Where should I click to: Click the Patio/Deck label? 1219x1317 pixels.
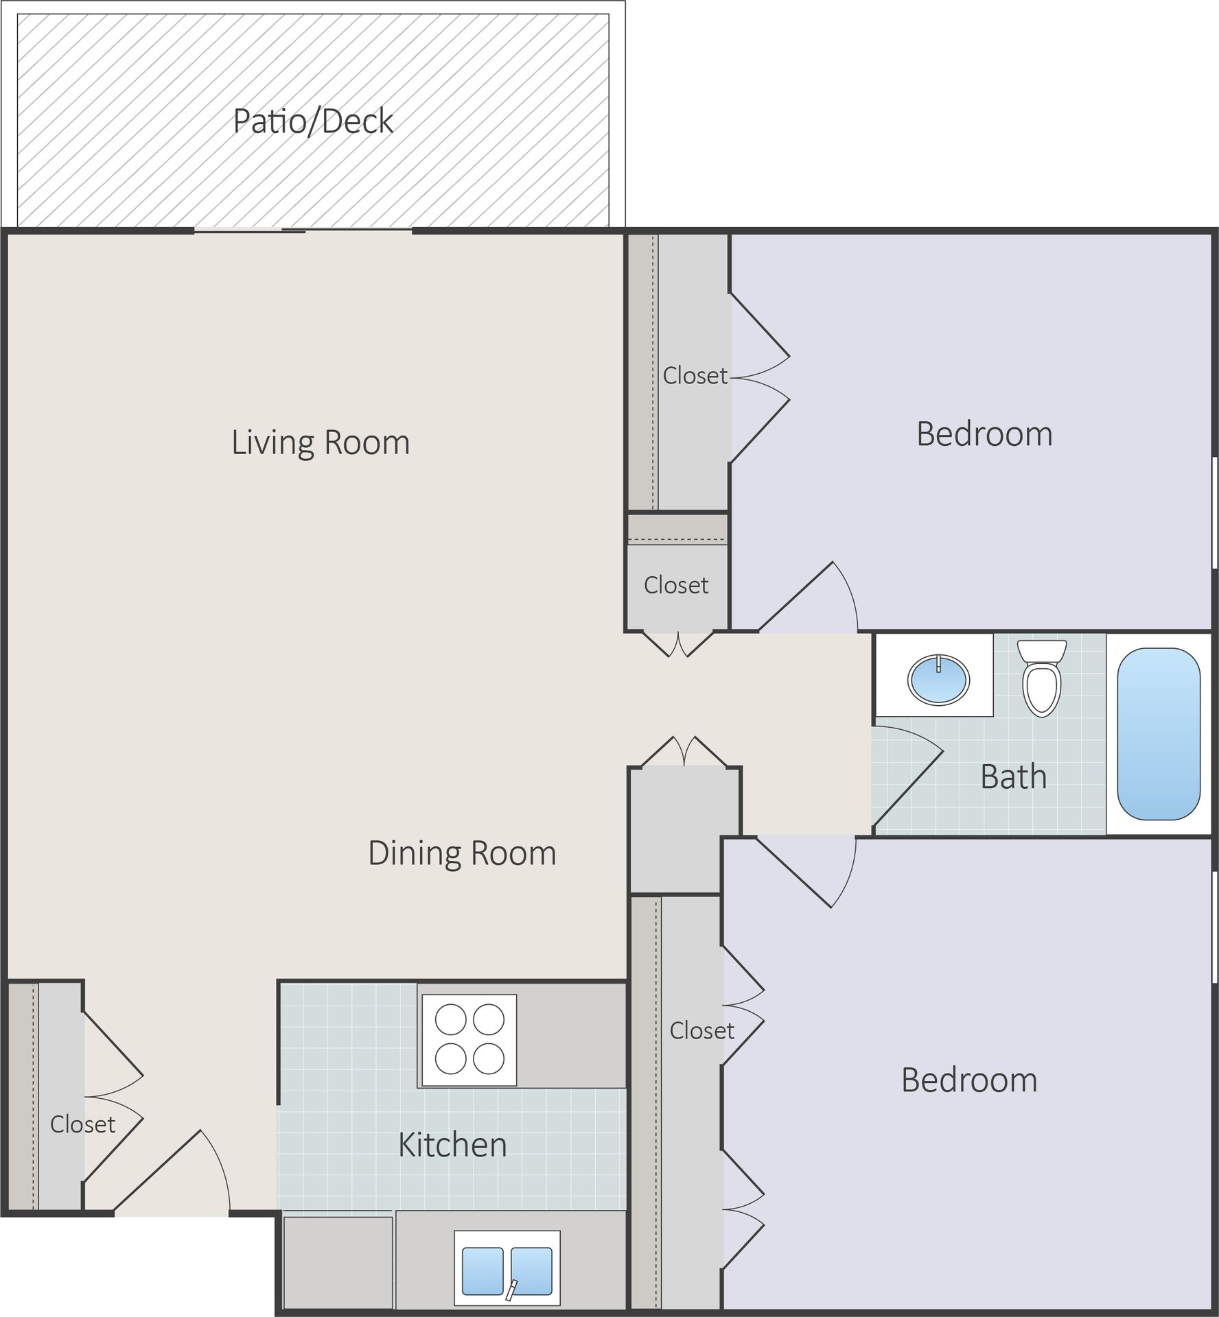(x=313, y=121)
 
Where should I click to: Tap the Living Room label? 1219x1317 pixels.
(x=321, y=442)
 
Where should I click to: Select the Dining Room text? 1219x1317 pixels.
(x=462, y=853)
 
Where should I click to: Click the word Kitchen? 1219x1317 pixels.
(x=452, y=1145)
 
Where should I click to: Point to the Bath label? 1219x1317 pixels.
(x=1013, y=777)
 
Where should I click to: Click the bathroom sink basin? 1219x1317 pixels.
(x=938, y=679)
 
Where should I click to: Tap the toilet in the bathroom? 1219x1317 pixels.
(x=1041, y=679)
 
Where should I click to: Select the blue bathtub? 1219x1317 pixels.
(x=1159, y=734)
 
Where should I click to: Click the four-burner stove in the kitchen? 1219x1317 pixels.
(x=469, y=1040)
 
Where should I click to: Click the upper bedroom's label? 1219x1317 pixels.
(x=984, y=434)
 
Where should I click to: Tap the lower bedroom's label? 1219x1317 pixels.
(x=968, y=1080)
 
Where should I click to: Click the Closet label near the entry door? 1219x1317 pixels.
(x=82, y=1124)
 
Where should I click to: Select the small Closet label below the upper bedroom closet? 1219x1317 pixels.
(x=675, y=585)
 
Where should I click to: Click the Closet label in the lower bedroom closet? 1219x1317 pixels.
(x=701, y=1031)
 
